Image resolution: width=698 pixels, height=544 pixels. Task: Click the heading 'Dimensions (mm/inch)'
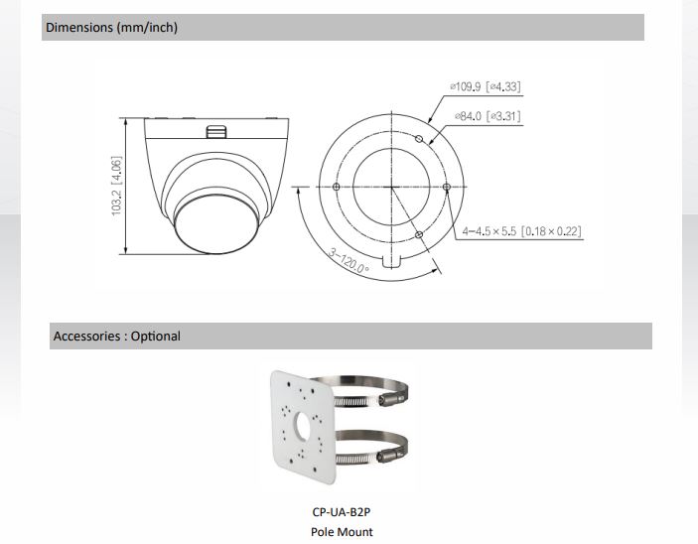[x=111, y=28]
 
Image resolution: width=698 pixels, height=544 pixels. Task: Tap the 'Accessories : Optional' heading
[x=116, y=337]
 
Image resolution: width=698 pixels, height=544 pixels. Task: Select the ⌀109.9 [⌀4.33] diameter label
[x=485, y=87]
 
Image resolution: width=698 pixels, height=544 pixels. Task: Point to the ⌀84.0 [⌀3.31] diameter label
[x=487, y=117]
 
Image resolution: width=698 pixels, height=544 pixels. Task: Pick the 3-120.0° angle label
[x=349, y=260]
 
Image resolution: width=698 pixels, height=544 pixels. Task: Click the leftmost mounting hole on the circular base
[x=338, y=187]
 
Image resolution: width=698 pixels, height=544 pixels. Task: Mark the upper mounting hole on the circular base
[x=420, y=140]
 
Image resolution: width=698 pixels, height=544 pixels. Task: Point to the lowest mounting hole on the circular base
[x=420, y=234]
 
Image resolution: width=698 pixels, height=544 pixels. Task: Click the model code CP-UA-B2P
[x=342, y=513]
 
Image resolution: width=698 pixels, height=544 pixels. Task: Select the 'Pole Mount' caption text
[x=342, y=532]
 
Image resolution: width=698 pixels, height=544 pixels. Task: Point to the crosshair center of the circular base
[x=393, y=187]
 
